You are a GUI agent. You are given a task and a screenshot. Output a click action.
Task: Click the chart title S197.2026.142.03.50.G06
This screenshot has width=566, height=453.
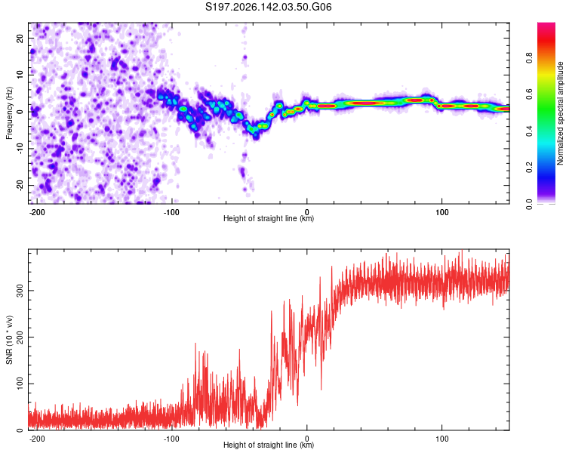[x=268, y=7]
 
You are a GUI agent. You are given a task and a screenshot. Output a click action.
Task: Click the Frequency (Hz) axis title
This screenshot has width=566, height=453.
[x=9, y=113]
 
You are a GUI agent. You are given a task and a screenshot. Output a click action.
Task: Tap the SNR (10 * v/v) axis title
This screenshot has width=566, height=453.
[x=9, y=340]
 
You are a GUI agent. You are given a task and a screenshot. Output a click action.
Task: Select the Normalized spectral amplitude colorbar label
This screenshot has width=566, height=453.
[x=560, y=113]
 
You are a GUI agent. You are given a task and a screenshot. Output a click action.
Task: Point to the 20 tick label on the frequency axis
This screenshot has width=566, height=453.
[x=20, y=39]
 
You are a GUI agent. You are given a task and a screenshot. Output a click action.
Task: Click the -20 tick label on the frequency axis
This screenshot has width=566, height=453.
[x=20, y=185]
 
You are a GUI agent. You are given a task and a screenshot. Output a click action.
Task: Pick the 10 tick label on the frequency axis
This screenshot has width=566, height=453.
[x=20, y=75]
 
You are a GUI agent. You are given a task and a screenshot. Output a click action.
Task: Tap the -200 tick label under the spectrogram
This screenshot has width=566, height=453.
[x=37, y=212]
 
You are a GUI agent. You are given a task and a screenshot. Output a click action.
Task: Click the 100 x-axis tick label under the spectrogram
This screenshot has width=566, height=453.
[x=441, y=212]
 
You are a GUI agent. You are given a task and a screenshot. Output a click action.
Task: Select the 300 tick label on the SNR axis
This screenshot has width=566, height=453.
[x=20, y=291]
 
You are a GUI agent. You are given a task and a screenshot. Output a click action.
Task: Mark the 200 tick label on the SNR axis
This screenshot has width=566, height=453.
[x=20, y=337]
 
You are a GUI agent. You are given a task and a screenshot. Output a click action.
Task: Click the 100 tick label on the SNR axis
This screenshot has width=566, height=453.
[x=20, y=384]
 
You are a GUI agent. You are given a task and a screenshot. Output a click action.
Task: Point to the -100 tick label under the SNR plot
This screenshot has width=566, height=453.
[x=171, y=439]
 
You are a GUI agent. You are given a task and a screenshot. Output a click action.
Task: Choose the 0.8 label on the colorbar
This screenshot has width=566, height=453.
[x=529, y=57]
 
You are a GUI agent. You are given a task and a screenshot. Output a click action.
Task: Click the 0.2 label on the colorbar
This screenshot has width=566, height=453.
[x=529, y=168]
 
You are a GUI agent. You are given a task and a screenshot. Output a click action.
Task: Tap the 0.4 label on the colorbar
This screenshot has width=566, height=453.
[x=529, y=131]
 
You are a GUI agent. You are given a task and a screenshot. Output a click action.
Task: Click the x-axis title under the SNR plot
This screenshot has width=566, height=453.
[x=269, y=445]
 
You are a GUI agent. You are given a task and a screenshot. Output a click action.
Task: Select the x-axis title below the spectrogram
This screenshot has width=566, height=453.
[x=269, y=218]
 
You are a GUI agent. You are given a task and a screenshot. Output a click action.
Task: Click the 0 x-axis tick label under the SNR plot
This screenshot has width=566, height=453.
[x=307, y=439]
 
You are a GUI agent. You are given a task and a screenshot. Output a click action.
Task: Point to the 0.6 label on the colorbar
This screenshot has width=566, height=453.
[x=529, y=94]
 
